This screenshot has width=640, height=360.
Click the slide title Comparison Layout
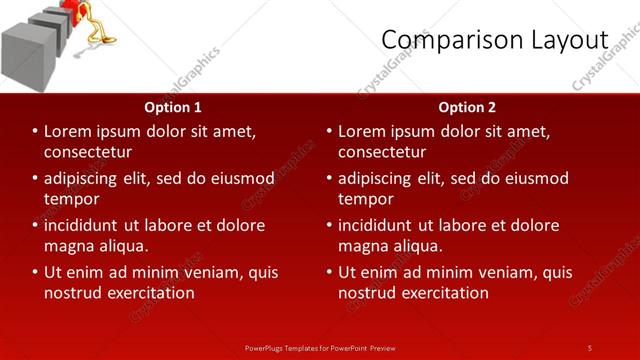click(495, 39)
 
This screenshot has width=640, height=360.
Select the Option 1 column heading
click(173, 107)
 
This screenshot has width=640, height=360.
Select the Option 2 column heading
click(466, 107)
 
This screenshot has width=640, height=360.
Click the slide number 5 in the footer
click(589, 347)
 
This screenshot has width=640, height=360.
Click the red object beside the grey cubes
click(73, 12)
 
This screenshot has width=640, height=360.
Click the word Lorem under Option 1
click(70, 131)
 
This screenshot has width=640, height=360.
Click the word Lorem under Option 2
click(364, 131)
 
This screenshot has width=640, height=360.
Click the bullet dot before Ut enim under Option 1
click(35, 272)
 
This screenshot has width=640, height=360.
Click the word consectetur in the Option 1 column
click(89, 152)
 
